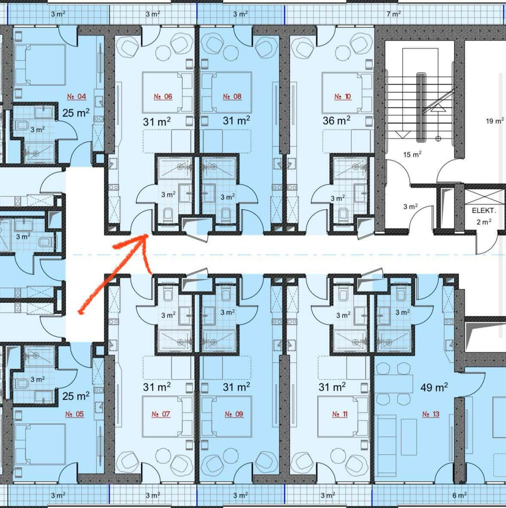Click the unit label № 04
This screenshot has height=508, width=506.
(76, 96)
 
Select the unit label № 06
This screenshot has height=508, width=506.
(163, 96)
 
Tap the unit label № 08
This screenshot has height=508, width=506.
(232, 96)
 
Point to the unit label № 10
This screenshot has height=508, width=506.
(342, 96)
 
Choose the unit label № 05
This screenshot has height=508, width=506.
(74, 414)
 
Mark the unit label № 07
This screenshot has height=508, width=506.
(161, 414)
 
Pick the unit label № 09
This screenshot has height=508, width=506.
(234, 414)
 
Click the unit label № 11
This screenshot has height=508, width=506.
(340, 414)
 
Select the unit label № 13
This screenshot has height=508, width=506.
(430, 414)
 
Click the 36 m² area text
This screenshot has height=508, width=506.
(336, 120)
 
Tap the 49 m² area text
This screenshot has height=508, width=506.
(434, 387)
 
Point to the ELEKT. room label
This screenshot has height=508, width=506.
(484, 211)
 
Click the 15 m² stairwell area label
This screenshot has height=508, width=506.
(412, 154)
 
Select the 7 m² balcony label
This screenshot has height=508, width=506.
(393, 14)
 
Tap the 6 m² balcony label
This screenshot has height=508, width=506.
(459, 495)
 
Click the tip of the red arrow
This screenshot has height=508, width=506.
(148, 236)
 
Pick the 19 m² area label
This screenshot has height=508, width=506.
(495, 121)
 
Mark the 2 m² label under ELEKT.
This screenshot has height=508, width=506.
(484, 222)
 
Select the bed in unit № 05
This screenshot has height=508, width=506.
(40, 444)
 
